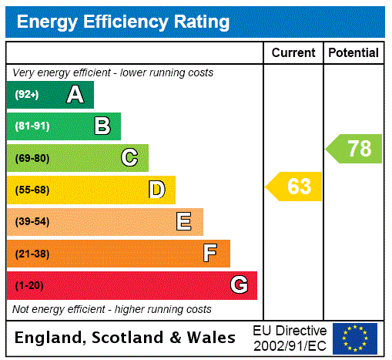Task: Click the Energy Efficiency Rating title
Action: tap(123, 22)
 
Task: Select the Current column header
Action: tap(293, 53)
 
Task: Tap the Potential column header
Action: tap(353, 53)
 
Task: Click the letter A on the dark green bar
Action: tap(75, 95)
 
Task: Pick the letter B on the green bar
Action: tap(102, 126)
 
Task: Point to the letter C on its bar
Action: tap(129, 158)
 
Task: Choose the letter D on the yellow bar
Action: tap(157, 190)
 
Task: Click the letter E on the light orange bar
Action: tap(184, 222)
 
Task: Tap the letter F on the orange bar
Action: tap(210, 254)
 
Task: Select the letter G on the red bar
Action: tap(239, 285)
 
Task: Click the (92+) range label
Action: tap(27, 96)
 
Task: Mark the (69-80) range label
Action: tap(32, 159)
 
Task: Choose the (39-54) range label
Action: tap(32, 222)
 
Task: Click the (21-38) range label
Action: tap(32, 254)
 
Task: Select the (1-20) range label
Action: tap(29, 286)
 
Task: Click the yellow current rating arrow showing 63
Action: tap(294, 187)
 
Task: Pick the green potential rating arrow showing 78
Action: tap(354, 149)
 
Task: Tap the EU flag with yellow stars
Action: tap(355, 338)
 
